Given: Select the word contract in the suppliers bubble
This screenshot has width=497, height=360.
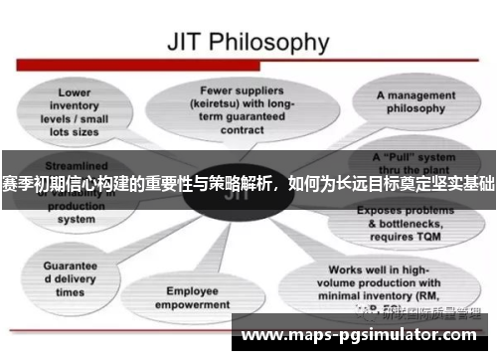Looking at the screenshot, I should click(x=241, y=127).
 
